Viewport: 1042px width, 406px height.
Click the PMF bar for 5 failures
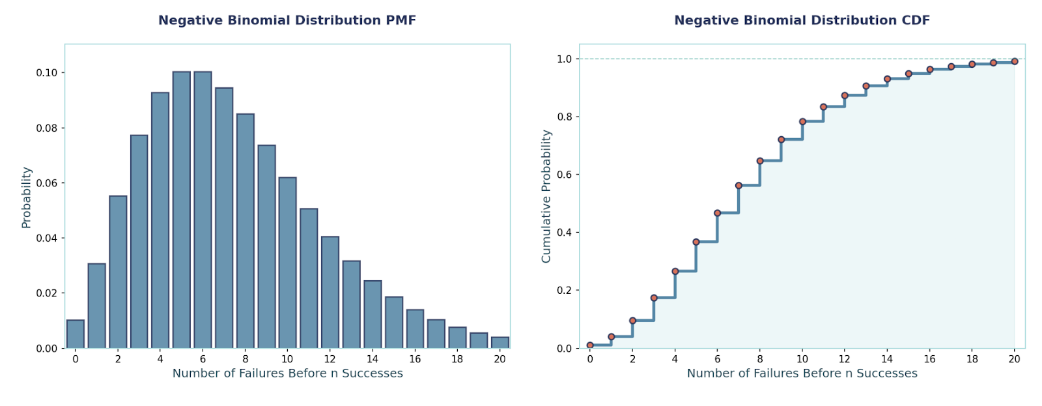[182, 210]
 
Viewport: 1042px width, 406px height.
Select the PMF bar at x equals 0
[76, 334]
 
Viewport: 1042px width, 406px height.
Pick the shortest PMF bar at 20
[500, 343]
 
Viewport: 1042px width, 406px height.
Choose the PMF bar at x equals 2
[118, 272]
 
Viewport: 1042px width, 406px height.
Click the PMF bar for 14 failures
[373, 314]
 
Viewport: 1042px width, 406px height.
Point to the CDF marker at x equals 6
[717, 213]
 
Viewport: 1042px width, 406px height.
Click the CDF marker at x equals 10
[802, 121]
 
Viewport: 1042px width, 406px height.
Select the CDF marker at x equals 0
[590, 345]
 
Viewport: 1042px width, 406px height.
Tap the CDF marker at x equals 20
[1014, 61]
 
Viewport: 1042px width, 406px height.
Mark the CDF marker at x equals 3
[654, 298]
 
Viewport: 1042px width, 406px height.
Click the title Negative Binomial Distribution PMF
[287, 20]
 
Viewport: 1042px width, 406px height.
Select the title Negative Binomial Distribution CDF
[802, 20]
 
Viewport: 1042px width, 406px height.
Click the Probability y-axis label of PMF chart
[26, 197]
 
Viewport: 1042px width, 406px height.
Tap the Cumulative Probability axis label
[546, 196]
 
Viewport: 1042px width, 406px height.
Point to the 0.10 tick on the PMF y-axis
[46, 72]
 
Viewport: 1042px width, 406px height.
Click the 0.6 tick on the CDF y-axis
[564, 175]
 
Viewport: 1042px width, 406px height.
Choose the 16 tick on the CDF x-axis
[929, 359]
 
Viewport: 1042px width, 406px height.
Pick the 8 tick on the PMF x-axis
[245, 359]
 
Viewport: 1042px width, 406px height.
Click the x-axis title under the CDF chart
[802, 373]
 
